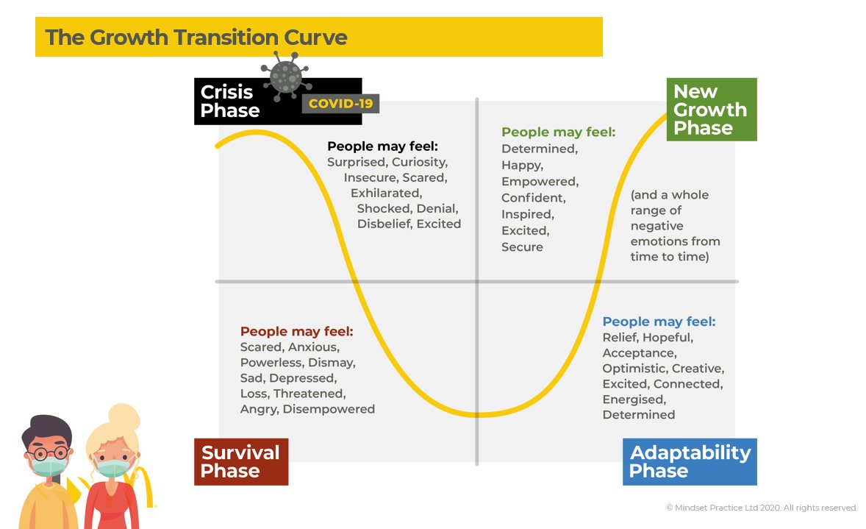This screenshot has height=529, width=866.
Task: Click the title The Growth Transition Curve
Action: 196,38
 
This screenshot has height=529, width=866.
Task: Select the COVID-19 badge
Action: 340,104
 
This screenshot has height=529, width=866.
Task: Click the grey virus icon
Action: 286,76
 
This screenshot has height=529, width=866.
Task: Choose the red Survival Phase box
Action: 241,461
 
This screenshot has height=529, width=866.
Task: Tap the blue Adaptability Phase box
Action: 690,461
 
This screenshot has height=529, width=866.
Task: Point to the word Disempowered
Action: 329,409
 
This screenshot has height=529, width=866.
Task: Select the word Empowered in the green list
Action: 540,181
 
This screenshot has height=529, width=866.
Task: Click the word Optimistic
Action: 634,369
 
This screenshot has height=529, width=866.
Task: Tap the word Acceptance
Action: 639,353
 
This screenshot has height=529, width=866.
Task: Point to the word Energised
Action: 634,400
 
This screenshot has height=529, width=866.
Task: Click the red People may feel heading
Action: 297,331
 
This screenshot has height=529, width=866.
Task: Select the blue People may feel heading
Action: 659,322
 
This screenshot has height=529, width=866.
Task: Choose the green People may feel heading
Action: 558,132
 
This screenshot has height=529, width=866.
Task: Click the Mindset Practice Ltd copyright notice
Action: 762,508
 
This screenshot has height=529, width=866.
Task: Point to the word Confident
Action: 534,198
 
